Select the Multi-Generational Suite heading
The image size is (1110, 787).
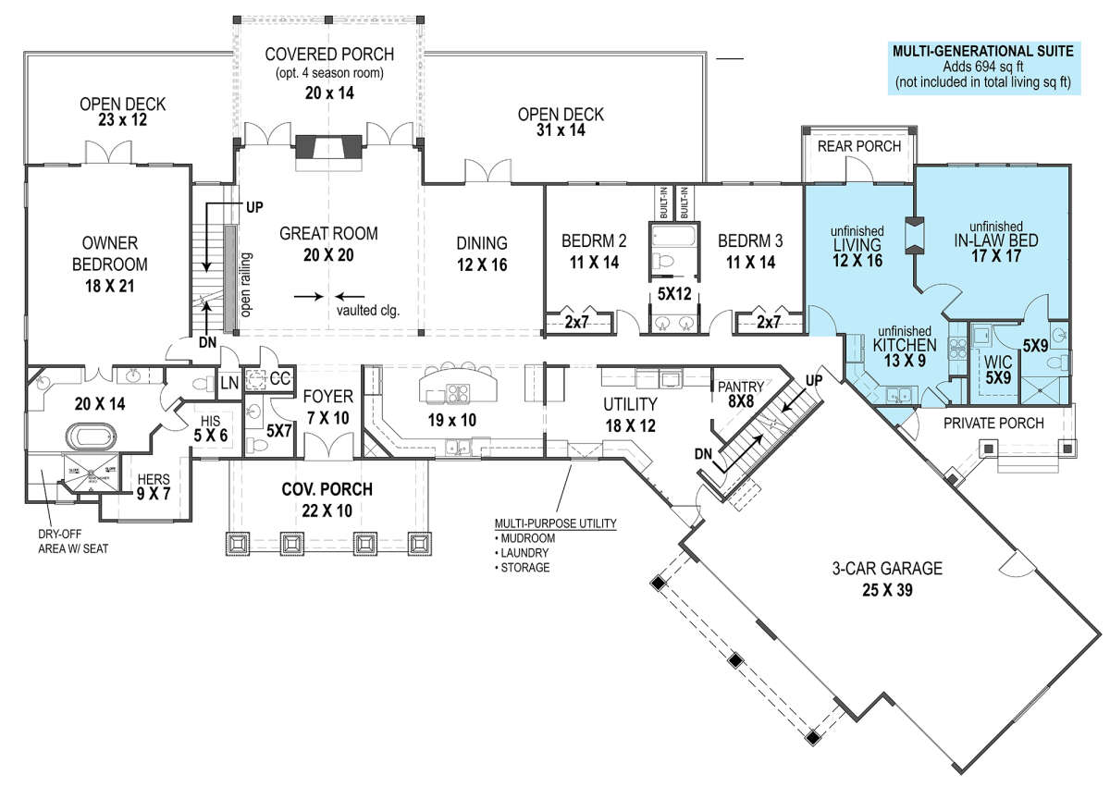pos(982,52)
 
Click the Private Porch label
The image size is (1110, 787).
pos(994,424)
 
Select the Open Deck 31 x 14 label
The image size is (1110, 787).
pos(561,123)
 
